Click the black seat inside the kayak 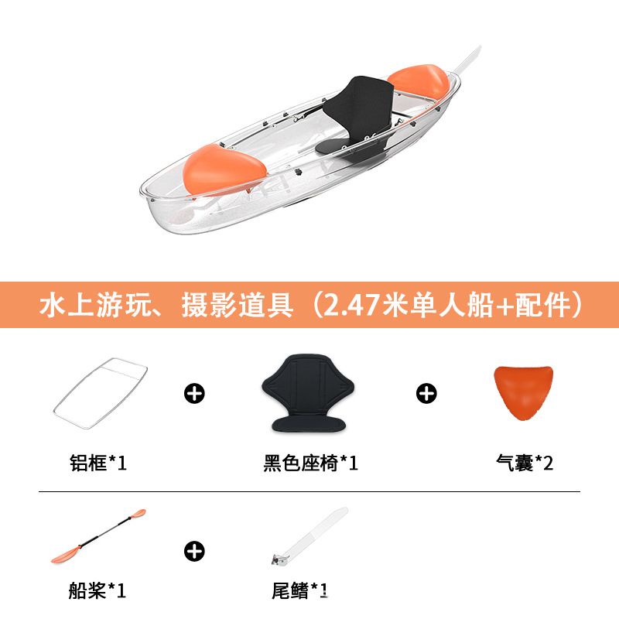click(x=357, y=118)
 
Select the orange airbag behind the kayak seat click(x=419, y=82)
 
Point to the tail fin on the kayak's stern click(x=467, y=61)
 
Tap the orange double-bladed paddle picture click(x=98, y=536)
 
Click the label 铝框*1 click(x=98, y=463)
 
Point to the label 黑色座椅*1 click(x=311, y=463)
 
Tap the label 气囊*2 click(x=525, y=463)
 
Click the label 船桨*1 click(x=97, y=590)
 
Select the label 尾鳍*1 click(x=299, y=590)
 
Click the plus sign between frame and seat click(x=194, y=393)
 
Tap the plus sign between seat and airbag click(x=426, y=393)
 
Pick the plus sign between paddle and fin click(x=194, y=551)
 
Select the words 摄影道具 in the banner click(x=238, y=305)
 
